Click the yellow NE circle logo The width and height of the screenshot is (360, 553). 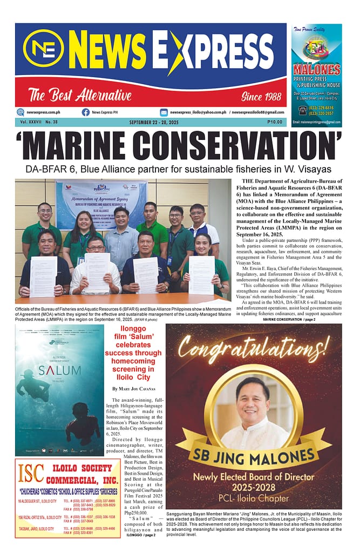coord(44,48)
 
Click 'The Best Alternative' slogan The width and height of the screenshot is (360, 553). coord(80,97)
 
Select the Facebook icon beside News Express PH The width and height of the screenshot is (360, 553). coord(86,112)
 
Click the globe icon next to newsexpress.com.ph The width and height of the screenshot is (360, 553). coord(21,112)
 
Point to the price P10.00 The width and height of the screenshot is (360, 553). coord(275,122)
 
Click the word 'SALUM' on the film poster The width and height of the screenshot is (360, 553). coord(59,370)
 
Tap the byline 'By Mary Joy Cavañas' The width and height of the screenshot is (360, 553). coord(134,389)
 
